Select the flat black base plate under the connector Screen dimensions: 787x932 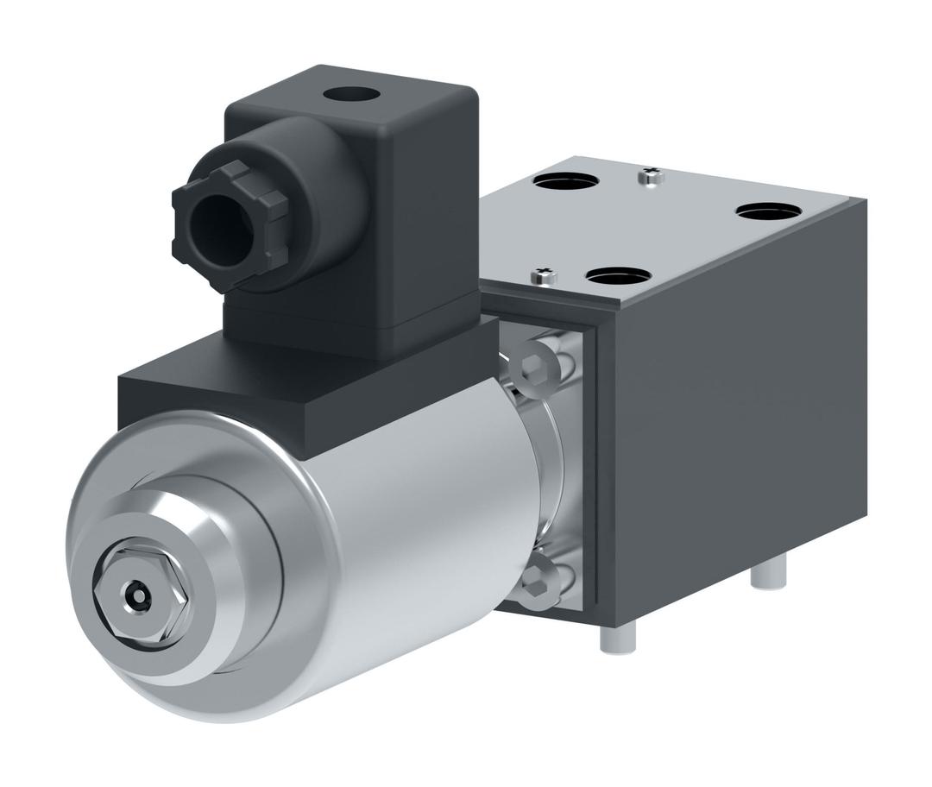click(259, 380)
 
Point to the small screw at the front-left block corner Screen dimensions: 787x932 click(545, 275)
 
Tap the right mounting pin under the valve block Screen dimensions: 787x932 click(767, 573)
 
